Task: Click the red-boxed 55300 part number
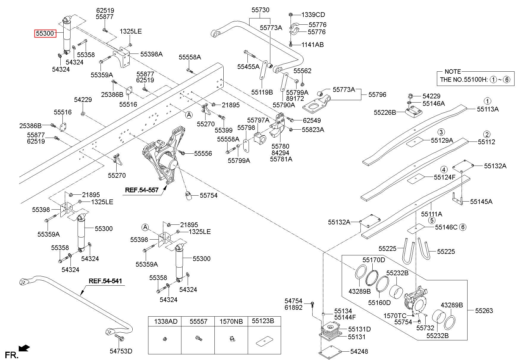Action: [45, 34]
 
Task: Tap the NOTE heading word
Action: [453, 72]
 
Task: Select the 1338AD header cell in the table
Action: [165, 321]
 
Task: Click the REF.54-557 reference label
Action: [142, 190]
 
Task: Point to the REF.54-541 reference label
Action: [105, 281]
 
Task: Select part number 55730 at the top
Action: [260, 10]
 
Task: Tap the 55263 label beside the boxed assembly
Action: [484, 311]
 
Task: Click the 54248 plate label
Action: [359, 352]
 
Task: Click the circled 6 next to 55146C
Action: [463, 227]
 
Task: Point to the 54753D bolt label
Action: [121, 351]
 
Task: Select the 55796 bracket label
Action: [377, 95]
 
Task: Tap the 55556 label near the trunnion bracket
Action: [203, 153]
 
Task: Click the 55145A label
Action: [481, 202]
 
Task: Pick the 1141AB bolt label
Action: [313, 45]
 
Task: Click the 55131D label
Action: [359, 329]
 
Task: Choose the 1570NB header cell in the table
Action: [231, 321]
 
